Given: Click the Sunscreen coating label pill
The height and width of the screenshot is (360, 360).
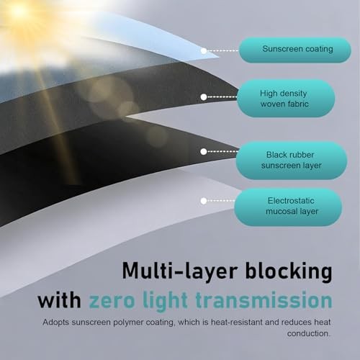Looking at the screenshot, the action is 295,50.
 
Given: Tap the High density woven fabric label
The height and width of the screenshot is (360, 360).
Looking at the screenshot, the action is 286,99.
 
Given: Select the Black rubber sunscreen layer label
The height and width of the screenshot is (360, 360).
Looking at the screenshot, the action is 292,161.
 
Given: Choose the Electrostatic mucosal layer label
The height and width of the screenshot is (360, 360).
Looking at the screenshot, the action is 288,207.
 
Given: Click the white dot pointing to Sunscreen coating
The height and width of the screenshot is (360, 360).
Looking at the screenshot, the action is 204,51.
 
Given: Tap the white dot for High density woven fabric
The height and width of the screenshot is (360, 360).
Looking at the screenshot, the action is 204,97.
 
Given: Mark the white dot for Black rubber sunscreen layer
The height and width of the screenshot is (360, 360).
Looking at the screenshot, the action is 204,152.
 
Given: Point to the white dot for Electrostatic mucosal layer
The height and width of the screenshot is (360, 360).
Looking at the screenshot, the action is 204,201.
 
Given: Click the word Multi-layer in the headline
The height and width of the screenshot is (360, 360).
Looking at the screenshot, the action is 180,271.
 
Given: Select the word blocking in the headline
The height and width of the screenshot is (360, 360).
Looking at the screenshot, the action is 289,271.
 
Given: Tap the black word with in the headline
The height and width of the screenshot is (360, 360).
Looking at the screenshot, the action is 59,300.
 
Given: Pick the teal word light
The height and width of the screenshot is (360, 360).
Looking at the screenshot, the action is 165,301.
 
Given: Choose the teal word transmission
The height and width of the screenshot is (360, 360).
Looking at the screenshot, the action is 264,300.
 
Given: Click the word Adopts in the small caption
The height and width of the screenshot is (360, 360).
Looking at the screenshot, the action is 56,323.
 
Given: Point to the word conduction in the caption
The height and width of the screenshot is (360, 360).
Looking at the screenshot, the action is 309,333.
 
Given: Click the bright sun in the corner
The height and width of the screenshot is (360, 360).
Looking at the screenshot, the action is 18,11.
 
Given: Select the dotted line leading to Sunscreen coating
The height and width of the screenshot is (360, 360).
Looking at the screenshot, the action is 223,51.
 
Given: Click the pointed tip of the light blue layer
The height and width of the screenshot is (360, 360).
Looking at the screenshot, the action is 218,58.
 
